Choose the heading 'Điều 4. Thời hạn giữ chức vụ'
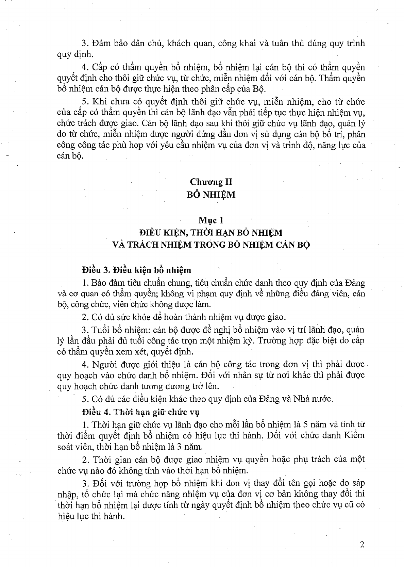point(141,412)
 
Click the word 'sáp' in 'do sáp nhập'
point(358,483)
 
